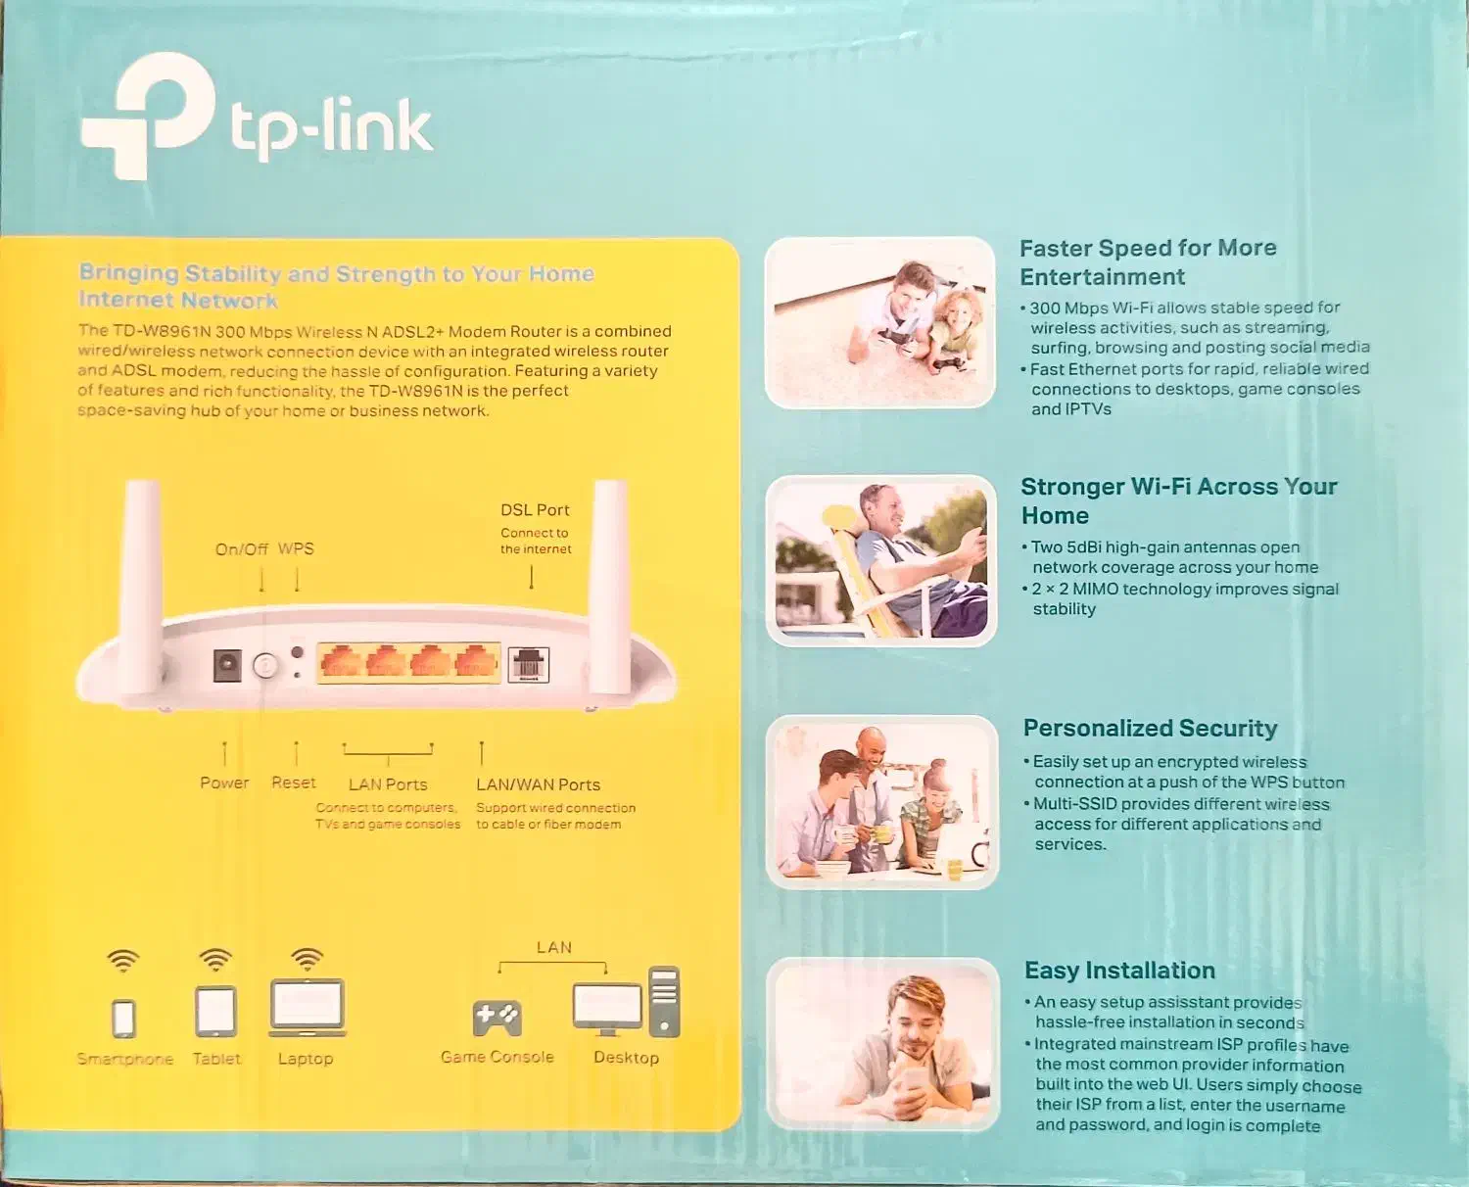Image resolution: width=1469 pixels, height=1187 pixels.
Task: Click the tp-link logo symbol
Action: [x=149, y=116]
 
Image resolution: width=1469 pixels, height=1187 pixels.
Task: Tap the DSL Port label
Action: [x=535, y=510]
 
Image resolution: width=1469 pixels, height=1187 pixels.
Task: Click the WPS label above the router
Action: [x=296, y=548]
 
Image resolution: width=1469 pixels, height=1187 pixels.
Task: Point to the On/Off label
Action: [x=241, y=549]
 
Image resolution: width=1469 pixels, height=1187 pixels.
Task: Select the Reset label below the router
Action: [x=294, y=783]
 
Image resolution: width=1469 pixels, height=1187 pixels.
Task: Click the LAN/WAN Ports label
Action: [x=538, y=784]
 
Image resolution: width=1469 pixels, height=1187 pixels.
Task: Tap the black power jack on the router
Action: [x=227, y=665]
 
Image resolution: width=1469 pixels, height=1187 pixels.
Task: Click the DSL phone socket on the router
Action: [x=528, y=665]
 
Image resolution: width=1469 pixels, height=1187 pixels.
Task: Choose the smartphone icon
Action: [x=123, y=1018]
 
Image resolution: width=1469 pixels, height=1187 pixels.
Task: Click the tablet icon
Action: [x=215, y=1012]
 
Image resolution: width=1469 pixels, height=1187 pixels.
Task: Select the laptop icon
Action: [x=308, y=1007]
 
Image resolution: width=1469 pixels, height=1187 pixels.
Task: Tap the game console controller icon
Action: [x=497, y=1018]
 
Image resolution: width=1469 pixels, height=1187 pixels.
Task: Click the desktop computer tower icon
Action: [x=664, y=1001]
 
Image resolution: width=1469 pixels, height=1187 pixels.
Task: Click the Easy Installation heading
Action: [x=1119, y=971]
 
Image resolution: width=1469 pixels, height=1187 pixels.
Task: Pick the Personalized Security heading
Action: [x=1150, y=729]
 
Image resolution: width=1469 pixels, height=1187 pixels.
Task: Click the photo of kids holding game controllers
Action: [x=879, y=322]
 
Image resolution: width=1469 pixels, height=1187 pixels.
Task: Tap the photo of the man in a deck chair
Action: [x=880, y=560]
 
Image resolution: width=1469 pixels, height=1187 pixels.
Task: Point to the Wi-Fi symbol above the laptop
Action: [x=308, y=958]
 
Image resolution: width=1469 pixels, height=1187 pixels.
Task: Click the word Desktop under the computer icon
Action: [x=626, y=1058]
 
